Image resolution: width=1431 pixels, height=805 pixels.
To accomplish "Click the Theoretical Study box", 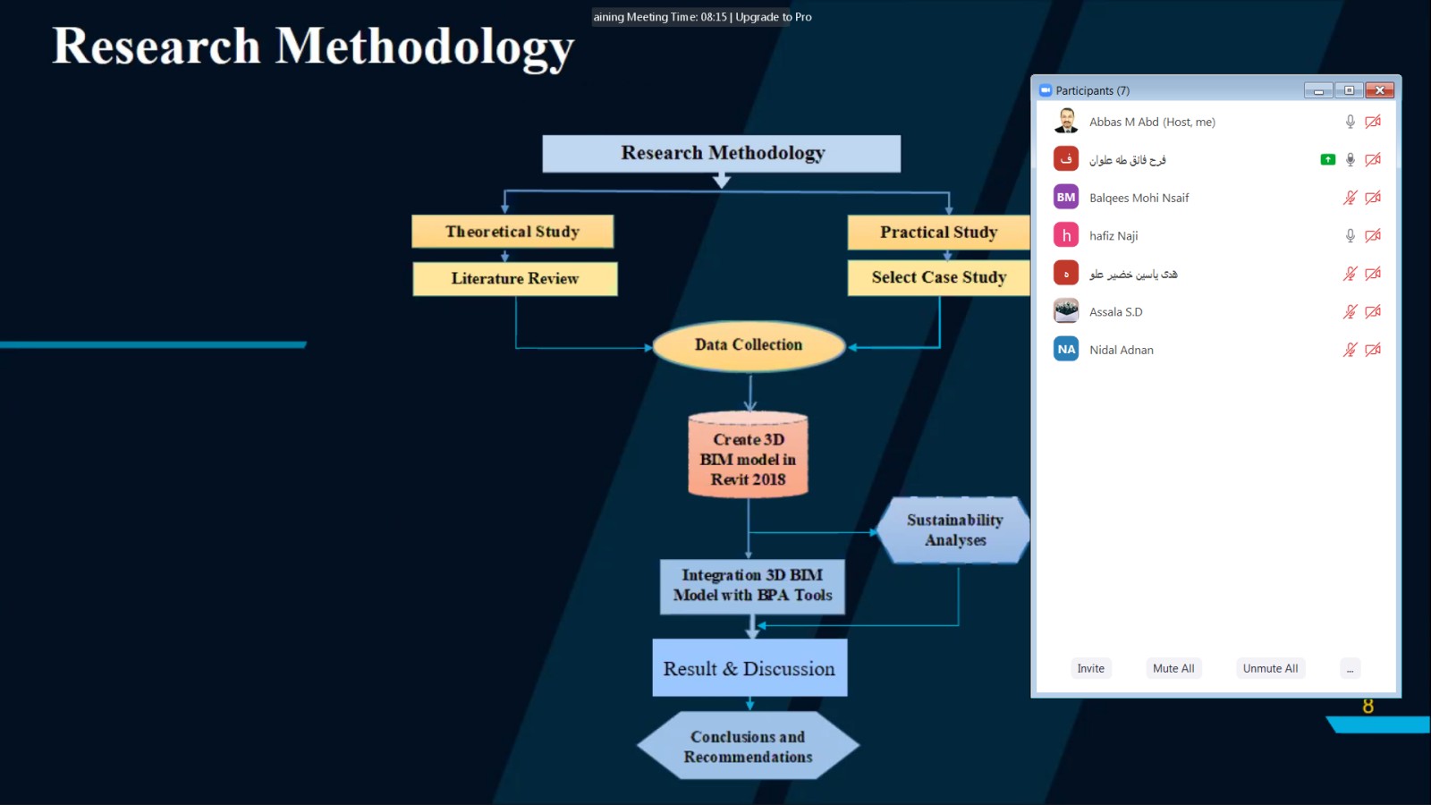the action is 512,232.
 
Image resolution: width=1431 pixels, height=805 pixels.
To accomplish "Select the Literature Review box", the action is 515,278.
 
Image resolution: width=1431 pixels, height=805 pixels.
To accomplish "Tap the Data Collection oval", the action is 749,345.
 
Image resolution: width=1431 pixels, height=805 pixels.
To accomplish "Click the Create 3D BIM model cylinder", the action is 748,455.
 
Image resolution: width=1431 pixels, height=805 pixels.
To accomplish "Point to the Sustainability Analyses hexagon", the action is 953,530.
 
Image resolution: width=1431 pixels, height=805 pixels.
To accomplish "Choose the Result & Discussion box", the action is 749,667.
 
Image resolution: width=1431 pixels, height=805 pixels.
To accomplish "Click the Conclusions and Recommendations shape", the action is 748,746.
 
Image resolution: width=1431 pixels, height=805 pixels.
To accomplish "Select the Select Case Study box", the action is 938,277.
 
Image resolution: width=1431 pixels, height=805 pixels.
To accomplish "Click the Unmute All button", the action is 1270,668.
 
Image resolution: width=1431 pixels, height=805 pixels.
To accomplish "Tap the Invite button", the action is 1090,668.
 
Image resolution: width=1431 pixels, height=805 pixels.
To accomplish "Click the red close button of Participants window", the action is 1380,90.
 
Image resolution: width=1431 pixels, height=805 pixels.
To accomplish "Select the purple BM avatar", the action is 1065,198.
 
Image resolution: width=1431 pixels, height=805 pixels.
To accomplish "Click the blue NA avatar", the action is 1065,350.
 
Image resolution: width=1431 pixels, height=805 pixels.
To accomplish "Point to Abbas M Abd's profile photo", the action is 1065,121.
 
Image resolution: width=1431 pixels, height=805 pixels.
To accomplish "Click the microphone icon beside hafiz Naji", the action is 1350,236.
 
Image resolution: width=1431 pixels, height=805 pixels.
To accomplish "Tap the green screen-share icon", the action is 1327,160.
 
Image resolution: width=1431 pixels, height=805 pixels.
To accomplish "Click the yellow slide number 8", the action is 1367,706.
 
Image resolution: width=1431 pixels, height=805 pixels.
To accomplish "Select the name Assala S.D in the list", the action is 1116,312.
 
